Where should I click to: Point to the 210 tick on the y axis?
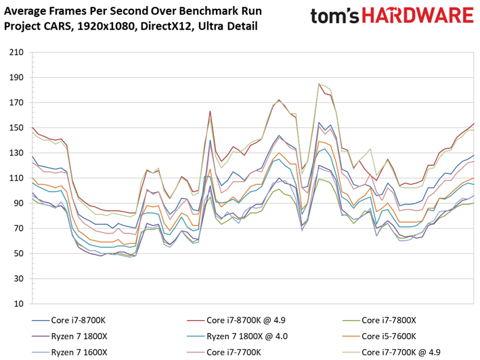pyautogui.click(x=16, y=52)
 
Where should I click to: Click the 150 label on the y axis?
pyautogui.click(x=16, y=128)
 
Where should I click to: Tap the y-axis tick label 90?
pyautogui.click(x=19, y=204)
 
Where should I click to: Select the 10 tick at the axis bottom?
pyautogui.click(x=19, y=304)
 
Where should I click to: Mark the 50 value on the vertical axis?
pyautogui.click(x=19, y=254)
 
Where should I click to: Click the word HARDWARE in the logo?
pyautogui.click(x=418, y=16)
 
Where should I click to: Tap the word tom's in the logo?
pyautogui.click(x=334, y=16)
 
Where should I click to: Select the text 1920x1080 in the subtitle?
pyautogui.click(x=106, y=26)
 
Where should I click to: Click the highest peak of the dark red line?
pyautogui.click(x=319, y=83)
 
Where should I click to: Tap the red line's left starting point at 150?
pyautogui.click(x=32, y=127)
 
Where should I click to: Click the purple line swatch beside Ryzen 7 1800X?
pyautogui.click(x=41, y=336)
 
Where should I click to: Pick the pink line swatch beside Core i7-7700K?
pyautogui.click(x=195, y=353)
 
